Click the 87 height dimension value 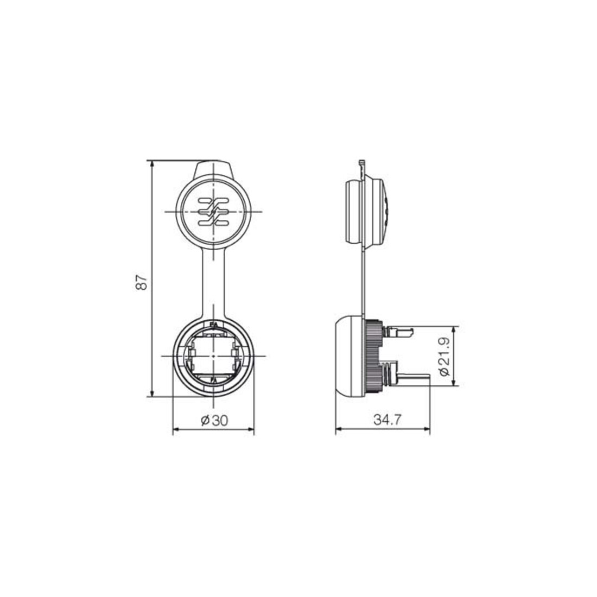141,282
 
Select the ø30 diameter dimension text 214,420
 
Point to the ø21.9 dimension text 444,357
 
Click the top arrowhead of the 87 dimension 153,164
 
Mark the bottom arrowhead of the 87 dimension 153,392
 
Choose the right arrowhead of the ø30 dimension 250,429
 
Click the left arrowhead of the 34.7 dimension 339,429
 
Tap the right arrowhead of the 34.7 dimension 426,429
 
